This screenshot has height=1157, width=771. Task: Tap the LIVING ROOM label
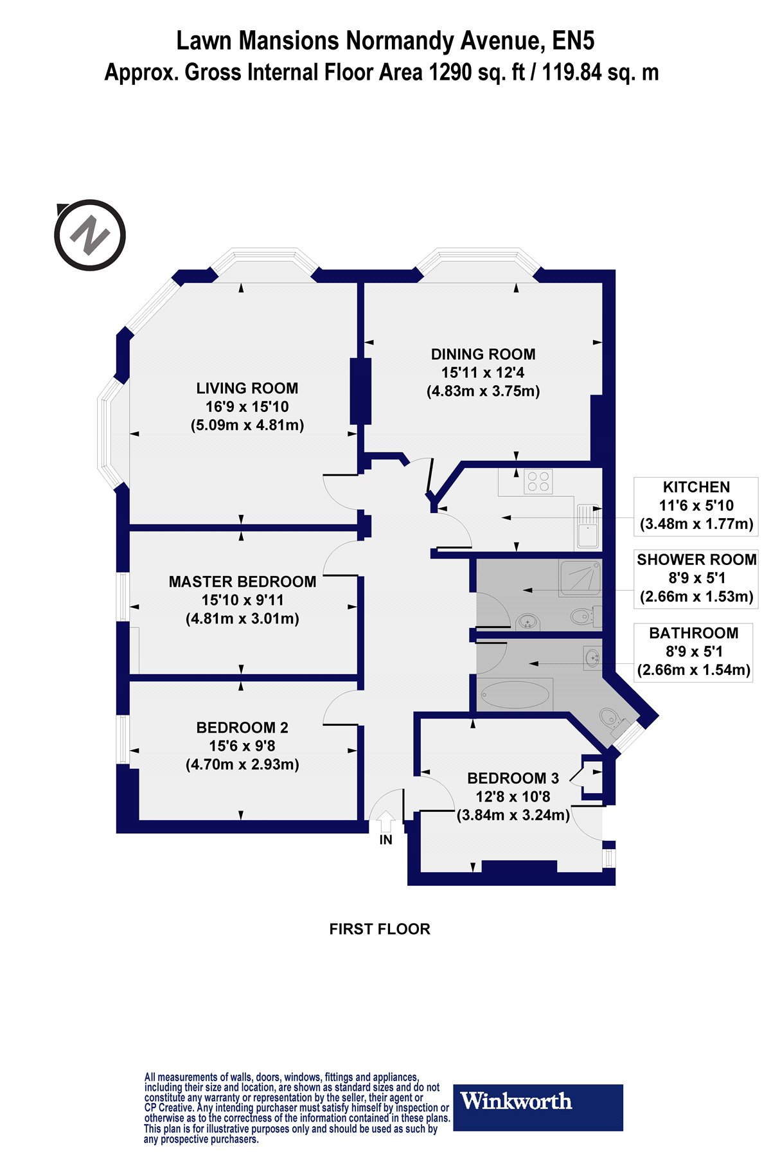coord(247,388)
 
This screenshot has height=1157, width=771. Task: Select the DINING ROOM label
coord(483,354)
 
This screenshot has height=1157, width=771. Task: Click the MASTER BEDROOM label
coord(242,582)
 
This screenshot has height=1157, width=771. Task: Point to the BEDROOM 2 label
coord(242,728)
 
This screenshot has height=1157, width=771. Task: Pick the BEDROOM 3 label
coord(513,778)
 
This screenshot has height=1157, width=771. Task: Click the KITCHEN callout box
coord(696,506)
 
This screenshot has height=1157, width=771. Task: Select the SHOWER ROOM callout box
coord(696,578)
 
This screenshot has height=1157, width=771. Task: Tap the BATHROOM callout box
coord(693,652)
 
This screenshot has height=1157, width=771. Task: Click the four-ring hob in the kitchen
coord(538,481)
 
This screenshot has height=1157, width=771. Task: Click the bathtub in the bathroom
coord(515,694)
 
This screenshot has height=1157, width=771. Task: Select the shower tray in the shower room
coord(581,578)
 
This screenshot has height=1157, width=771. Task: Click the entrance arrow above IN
coord(385,820)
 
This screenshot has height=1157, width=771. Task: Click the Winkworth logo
coord(538,1108)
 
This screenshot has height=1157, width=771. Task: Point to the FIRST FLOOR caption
coord(380,929)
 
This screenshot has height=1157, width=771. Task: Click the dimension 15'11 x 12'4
coord(483,372)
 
